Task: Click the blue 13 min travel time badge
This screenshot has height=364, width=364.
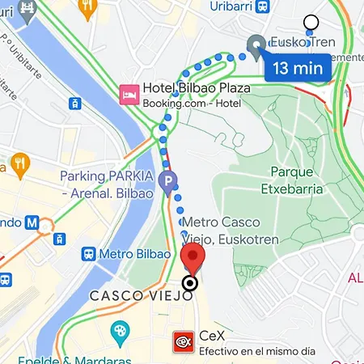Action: (297, 67)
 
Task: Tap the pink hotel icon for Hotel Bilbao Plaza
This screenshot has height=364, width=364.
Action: (129, 95)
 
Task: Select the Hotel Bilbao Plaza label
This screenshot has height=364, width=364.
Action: (195, 88)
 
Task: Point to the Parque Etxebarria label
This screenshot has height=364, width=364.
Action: (297, 180)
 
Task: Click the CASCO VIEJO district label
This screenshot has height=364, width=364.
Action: (142, 296)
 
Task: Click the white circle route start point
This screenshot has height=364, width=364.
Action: (311, 23)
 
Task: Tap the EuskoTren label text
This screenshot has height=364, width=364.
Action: (302, 42)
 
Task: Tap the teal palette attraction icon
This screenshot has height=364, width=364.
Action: (120, 331)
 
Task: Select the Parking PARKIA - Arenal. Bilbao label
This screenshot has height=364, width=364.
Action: (107, 184)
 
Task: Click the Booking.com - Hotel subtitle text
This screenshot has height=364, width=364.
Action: (191, 104)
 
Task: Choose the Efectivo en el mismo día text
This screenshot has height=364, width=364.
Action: (256, 352)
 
